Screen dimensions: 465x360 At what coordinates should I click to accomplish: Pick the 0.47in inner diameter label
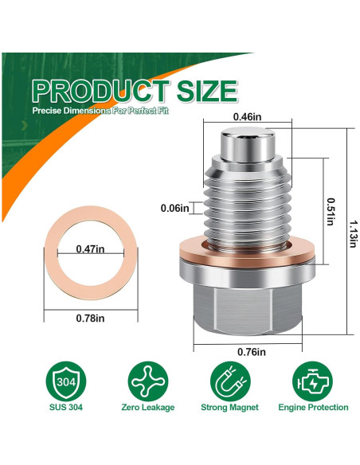coord(90,248)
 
